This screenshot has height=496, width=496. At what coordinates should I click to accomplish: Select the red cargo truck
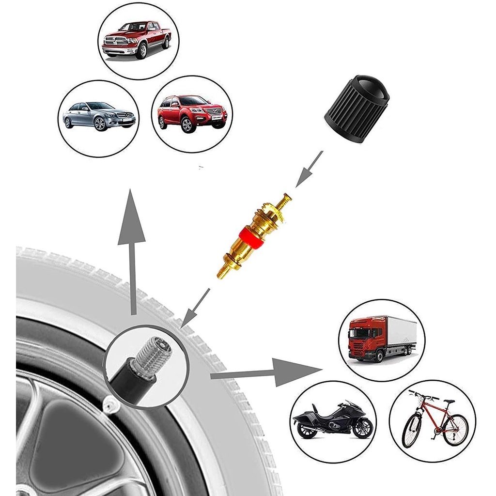pos(381,337)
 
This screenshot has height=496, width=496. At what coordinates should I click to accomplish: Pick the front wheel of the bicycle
pos(411,431)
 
